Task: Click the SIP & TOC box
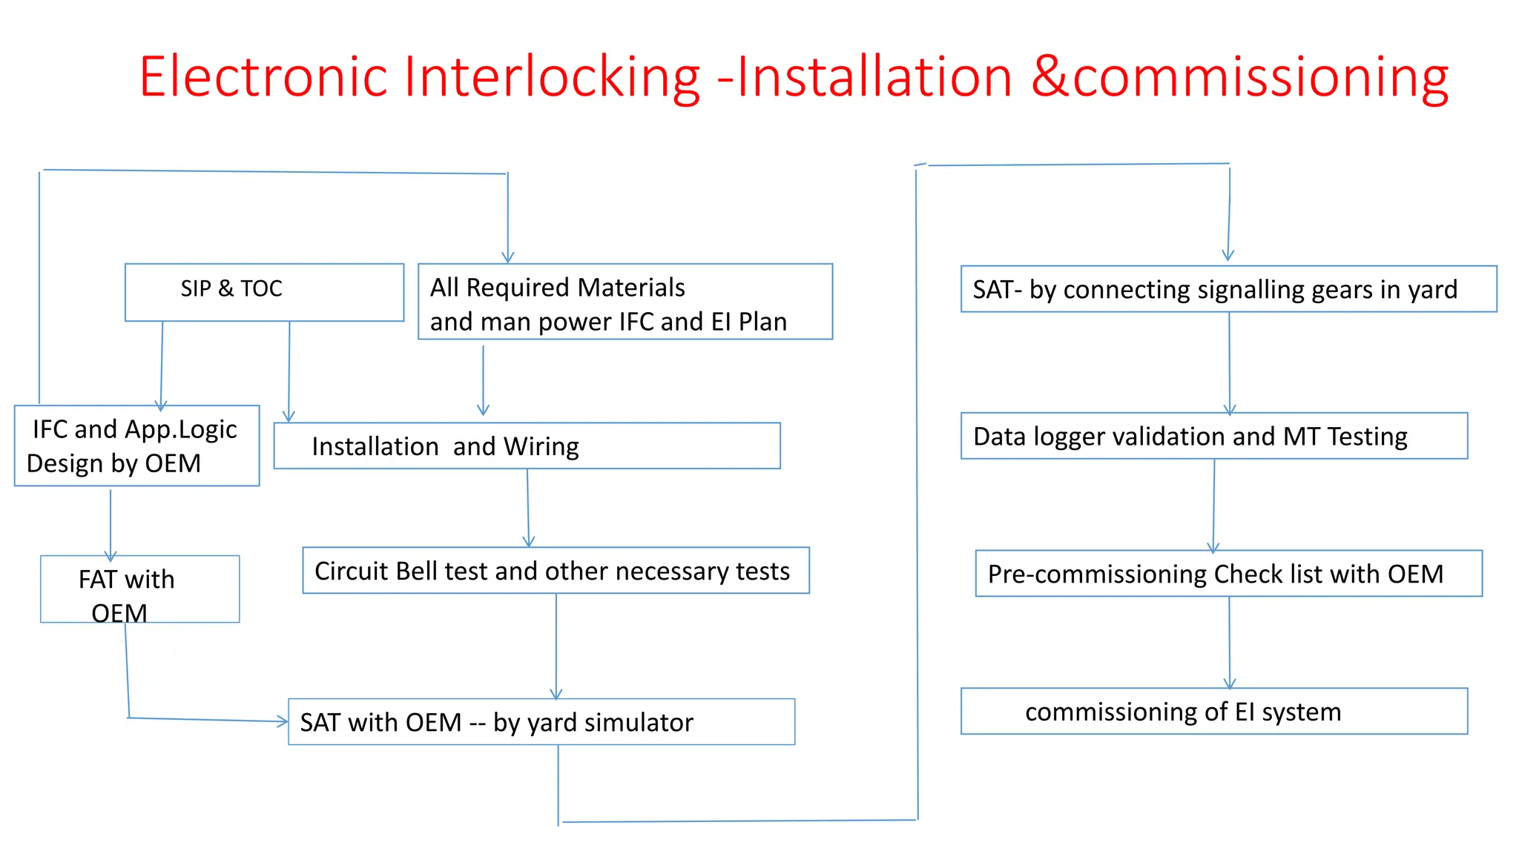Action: [264, 291]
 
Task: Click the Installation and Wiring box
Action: [527, 446]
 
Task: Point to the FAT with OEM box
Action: [139, 589]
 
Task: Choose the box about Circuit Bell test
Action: [556, 570]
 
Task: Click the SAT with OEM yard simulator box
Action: [541, 721]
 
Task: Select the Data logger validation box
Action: [1213, 436]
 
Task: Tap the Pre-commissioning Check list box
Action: [1228, 573]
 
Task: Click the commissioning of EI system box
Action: [1213, 711]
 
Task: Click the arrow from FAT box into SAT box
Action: [208, 719]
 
